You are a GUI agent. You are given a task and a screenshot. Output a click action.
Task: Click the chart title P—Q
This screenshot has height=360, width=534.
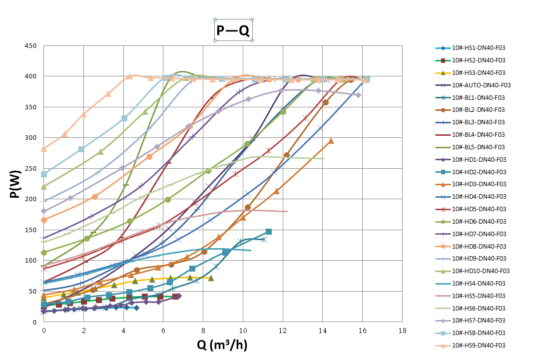[x=233, y=31]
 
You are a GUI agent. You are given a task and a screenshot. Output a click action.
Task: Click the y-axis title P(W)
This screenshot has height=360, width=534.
[x=16, y=183]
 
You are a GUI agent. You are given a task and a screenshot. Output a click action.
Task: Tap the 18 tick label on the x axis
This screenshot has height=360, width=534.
[x=402, y=331]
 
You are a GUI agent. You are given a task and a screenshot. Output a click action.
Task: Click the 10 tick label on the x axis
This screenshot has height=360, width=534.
[x=243, y=331]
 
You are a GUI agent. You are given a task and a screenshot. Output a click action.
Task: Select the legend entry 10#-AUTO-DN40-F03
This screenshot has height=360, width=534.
[x=481, y=85]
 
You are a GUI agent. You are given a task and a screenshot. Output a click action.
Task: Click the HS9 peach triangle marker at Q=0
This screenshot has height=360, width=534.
[x=44, y=149]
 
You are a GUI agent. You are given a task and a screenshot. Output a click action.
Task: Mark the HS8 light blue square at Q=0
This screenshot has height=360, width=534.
[x=44, y=174]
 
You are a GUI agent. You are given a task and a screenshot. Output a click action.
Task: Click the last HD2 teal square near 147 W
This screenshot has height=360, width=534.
[x=269, y=232]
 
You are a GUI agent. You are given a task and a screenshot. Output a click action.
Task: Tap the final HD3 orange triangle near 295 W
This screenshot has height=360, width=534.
[x=331, y=141]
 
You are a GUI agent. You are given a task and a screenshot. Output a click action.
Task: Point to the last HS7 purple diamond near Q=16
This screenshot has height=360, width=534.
[x=358, y=95]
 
